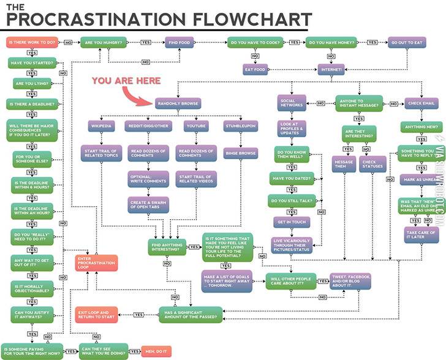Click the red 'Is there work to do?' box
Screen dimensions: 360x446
coord(32,42)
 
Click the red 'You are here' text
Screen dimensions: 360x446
coord(126,81)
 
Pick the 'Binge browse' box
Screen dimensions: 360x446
coord(240,153)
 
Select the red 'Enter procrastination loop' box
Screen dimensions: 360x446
coord(93,262)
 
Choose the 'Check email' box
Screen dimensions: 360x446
coord(421,103)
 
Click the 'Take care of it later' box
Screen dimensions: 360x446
coord(421,234)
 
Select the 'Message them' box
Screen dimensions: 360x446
coord(344,164)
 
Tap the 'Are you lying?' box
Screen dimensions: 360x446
coord(32,83)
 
